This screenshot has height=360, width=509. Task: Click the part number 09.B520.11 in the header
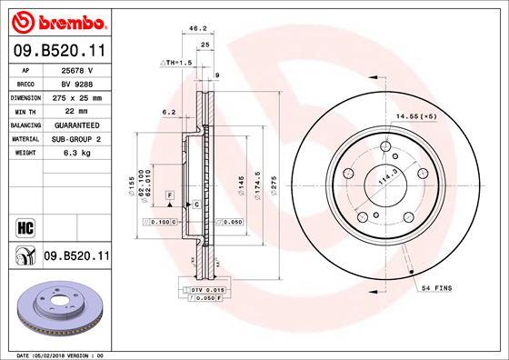pyautogui.click(x=59, y=53)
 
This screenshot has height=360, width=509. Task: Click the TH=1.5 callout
pyautogui.click(x=176, y=62)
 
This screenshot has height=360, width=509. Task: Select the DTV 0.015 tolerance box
pyautogui.click(x=195, y=289)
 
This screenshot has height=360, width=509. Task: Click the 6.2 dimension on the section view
pyautogui.click(x=167, y=113)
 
